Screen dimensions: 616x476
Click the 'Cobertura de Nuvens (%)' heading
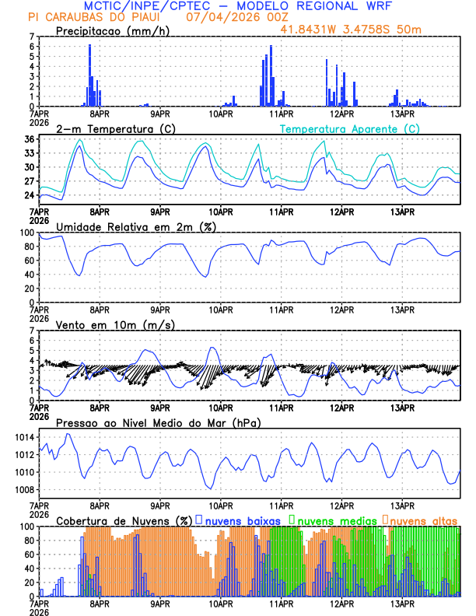point(124,520)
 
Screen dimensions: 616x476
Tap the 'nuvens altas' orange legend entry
point(424,520)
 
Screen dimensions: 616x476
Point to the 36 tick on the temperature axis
point(29,139)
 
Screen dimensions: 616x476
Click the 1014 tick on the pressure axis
point(26,437)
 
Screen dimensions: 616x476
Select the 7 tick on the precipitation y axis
point(32,37)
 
